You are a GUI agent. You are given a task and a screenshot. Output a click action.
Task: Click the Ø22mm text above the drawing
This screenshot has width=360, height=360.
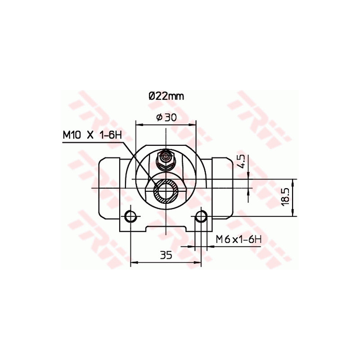click(166, 96)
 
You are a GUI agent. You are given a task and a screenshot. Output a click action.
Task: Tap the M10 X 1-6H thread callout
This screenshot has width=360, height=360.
click(93, 135)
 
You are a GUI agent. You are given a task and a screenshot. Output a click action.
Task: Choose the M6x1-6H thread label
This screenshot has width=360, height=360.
click(238, 239)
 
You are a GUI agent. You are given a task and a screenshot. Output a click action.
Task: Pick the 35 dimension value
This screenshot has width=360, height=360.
click(166, 255)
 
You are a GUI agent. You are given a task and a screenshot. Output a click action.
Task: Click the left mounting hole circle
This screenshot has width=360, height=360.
click(130, 216)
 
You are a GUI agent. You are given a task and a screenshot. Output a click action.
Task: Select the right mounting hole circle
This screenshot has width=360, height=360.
click(201, 216)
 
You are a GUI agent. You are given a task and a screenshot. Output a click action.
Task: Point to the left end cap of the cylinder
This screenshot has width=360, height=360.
click(108, 187)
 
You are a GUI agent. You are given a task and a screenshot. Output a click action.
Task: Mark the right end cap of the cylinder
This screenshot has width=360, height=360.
click(223, 187)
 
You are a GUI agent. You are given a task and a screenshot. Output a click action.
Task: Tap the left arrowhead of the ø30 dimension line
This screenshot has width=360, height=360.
click(138, 123)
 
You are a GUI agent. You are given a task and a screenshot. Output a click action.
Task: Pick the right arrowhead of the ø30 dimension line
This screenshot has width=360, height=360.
click(194, 123)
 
